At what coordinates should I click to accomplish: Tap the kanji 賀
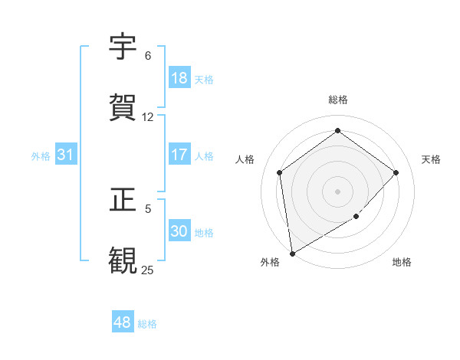coord(123,106)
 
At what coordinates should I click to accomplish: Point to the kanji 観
coord(123,259)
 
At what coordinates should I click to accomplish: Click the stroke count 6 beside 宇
coord(148,56)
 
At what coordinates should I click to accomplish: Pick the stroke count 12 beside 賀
coord(148,116)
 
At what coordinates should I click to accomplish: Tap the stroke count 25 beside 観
coord(147,269)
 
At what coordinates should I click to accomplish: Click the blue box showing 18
coord(179,78)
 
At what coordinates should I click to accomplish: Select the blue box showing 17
coord(179,155)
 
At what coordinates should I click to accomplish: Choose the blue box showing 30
coord(179,231)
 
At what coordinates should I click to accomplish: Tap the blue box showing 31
coord(66,155)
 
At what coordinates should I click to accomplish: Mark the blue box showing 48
coord(123,322)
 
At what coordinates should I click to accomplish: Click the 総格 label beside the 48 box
coord(147,324)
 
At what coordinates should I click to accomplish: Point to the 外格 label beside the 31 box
coord(41,156)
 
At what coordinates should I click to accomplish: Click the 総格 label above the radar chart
coord(338,100)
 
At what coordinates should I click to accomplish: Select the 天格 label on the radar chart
coord(431,159)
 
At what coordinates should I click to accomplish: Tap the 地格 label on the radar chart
coord(402,262)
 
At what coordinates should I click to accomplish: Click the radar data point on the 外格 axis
coord(291,253)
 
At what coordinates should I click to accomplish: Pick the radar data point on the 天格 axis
coord(396,172)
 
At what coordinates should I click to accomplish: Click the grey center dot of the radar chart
coord(337,191)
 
